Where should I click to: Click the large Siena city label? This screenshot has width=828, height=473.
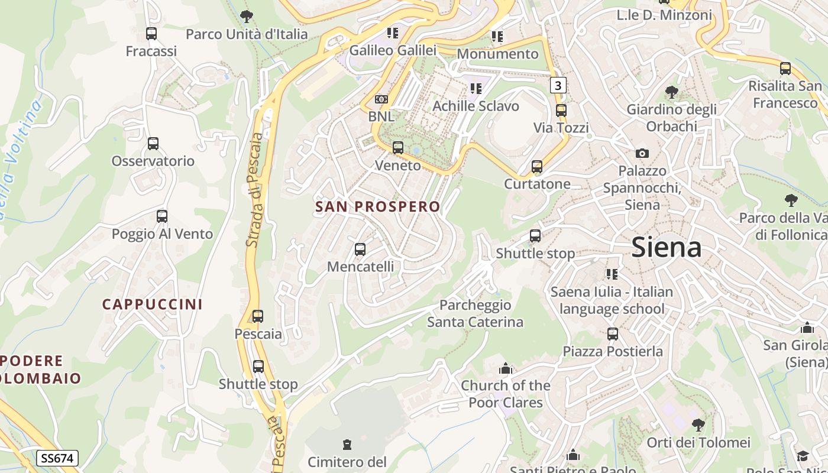(667, 247)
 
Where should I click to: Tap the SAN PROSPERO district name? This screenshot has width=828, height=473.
(378, 207)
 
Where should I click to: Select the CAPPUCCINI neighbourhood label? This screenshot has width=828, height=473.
(153, 304)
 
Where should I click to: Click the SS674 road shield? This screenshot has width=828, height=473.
(57, 458)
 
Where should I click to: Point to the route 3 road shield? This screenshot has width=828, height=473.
(558, 86)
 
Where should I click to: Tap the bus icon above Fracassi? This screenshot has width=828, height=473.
(151, 34)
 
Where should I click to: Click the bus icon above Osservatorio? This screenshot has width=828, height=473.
(153, 144)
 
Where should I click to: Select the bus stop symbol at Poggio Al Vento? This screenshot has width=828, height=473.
(162, 216)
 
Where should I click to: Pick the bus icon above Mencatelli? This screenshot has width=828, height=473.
(360, 250)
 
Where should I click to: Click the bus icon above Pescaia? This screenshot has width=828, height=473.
(258, 316)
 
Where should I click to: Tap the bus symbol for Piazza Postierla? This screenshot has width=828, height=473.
(613, 334)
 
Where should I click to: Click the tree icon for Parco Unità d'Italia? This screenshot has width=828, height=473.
(247, 17)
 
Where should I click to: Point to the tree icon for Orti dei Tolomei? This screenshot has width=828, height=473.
(698, 425)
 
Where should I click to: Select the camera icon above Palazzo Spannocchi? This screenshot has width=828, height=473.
(642, 154)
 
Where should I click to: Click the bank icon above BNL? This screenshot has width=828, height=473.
(381, 99)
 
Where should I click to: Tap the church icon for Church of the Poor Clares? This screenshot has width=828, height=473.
(505, 369)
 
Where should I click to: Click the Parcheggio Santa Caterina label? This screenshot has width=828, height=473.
(475, 313)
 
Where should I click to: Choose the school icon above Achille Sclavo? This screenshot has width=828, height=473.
(476, 89)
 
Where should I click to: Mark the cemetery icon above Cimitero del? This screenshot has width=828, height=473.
(347, 444)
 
